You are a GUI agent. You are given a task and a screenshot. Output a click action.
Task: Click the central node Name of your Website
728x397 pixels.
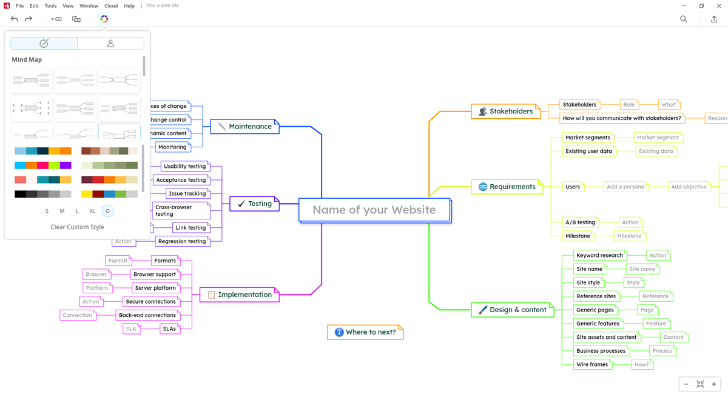tap(374, 210)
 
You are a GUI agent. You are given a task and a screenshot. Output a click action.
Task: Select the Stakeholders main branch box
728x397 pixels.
tap(505, 112)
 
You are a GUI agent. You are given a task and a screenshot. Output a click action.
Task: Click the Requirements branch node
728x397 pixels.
tap(507, 187)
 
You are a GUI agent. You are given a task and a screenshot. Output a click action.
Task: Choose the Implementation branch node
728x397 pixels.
tap(239, 295)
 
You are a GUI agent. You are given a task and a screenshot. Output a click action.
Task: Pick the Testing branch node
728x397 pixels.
tap(254, 204)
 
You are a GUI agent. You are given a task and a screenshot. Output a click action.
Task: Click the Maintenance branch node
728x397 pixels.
tap(244, 127)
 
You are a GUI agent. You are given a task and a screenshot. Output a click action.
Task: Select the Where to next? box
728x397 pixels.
tap(365, 332)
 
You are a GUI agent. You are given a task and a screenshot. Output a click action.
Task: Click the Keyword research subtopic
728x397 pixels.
tap(599, 255)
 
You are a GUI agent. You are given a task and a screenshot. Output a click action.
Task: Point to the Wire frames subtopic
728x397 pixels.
tap(592, 364)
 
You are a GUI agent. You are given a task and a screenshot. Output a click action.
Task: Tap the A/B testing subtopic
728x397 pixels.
tap(580, 222)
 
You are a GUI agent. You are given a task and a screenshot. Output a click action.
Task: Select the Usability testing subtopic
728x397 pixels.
tap(184, 166)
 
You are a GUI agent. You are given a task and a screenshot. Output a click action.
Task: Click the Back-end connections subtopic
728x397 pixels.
tap(147, 315)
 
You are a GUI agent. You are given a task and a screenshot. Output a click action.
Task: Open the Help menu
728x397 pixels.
tap(129, 6)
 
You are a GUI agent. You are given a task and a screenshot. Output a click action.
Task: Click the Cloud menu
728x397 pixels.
tap(111, 6)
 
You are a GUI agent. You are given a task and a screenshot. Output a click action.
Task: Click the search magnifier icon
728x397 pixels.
tap(684, 19)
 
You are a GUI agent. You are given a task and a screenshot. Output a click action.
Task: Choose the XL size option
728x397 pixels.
tap(92, 211)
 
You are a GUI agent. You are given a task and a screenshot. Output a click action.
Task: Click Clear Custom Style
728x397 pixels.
tap(77, 227)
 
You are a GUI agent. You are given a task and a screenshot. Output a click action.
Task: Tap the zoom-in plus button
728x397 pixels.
tap(714, 384)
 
